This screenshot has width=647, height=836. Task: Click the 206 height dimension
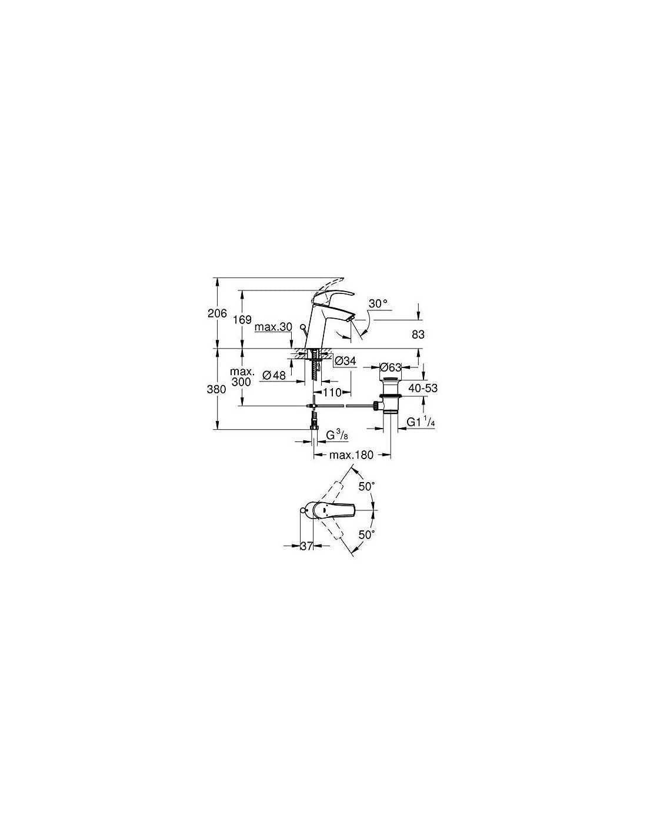point(218,313)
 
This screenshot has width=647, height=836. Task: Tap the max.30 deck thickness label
point(274,327)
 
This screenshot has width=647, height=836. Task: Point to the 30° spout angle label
point(378,303)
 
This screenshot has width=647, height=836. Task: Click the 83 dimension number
point(418,335)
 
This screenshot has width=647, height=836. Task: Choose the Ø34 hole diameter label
point(345,360)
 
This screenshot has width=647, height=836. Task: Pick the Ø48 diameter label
point(275,375)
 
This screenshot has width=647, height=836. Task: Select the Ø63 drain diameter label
point(391,367)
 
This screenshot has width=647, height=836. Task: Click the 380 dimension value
point(216,389)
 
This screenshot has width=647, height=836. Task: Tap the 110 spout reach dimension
point(332,392)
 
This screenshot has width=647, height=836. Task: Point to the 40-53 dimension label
point(423,388)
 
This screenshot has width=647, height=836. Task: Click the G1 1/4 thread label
point(421,422)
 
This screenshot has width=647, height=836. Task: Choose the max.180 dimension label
point(351,454)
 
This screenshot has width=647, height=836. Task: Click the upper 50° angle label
point(366,486)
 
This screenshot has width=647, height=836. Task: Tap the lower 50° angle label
point(366,534)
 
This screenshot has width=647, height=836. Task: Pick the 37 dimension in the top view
point(306,546)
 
